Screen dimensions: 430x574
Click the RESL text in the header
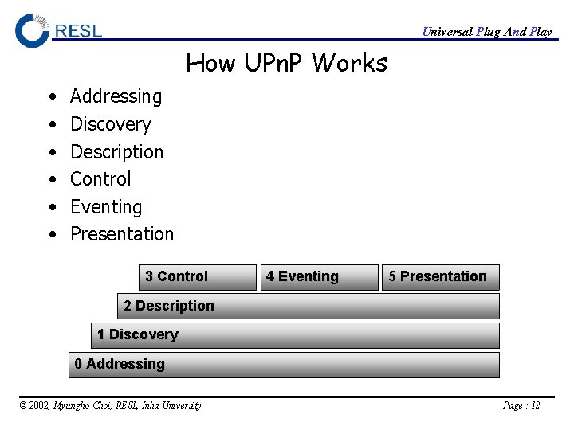(x=78, y=31)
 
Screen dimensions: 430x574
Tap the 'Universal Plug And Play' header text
(x=486, y=32)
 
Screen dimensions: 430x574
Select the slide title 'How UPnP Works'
(x=286, y=62)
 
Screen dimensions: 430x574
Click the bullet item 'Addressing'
(x=116, y=96)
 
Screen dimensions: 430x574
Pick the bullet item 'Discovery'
(x=110, y=124)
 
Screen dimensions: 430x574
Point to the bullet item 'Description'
(x=116, y=151)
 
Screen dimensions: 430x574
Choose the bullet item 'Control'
(x=100, y=179)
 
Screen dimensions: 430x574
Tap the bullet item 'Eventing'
(x=106, y=207)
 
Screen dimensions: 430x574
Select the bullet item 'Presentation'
(x=122, y=234)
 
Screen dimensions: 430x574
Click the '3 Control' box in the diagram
(x=197, y=277)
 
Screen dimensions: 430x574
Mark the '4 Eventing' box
(x=319, y=277)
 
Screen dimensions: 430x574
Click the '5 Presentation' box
(x=440, y=277)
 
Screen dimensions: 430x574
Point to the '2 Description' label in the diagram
(x=169, y=306)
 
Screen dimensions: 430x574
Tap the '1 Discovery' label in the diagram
(x=138, y=334)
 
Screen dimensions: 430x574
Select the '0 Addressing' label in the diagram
(x=120, y=364)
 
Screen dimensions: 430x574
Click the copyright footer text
(x=110, y=405)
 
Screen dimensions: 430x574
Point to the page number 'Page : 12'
(x=521, y=405)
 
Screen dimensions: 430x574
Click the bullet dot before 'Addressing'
(x=51, y=97)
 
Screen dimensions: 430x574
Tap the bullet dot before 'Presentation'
(x=51, y=235)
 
